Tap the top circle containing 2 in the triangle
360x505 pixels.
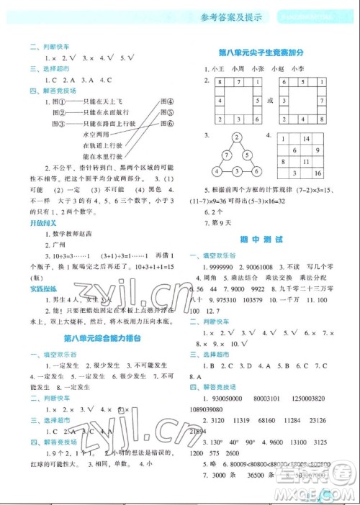click(x=235, y=137)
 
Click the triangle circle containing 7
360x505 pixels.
click(x=225, y=154)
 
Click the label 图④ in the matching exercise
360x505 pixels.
click(x=168, y=101)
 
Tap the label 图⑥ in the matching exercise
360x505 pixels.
click(x=168, y=123)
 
